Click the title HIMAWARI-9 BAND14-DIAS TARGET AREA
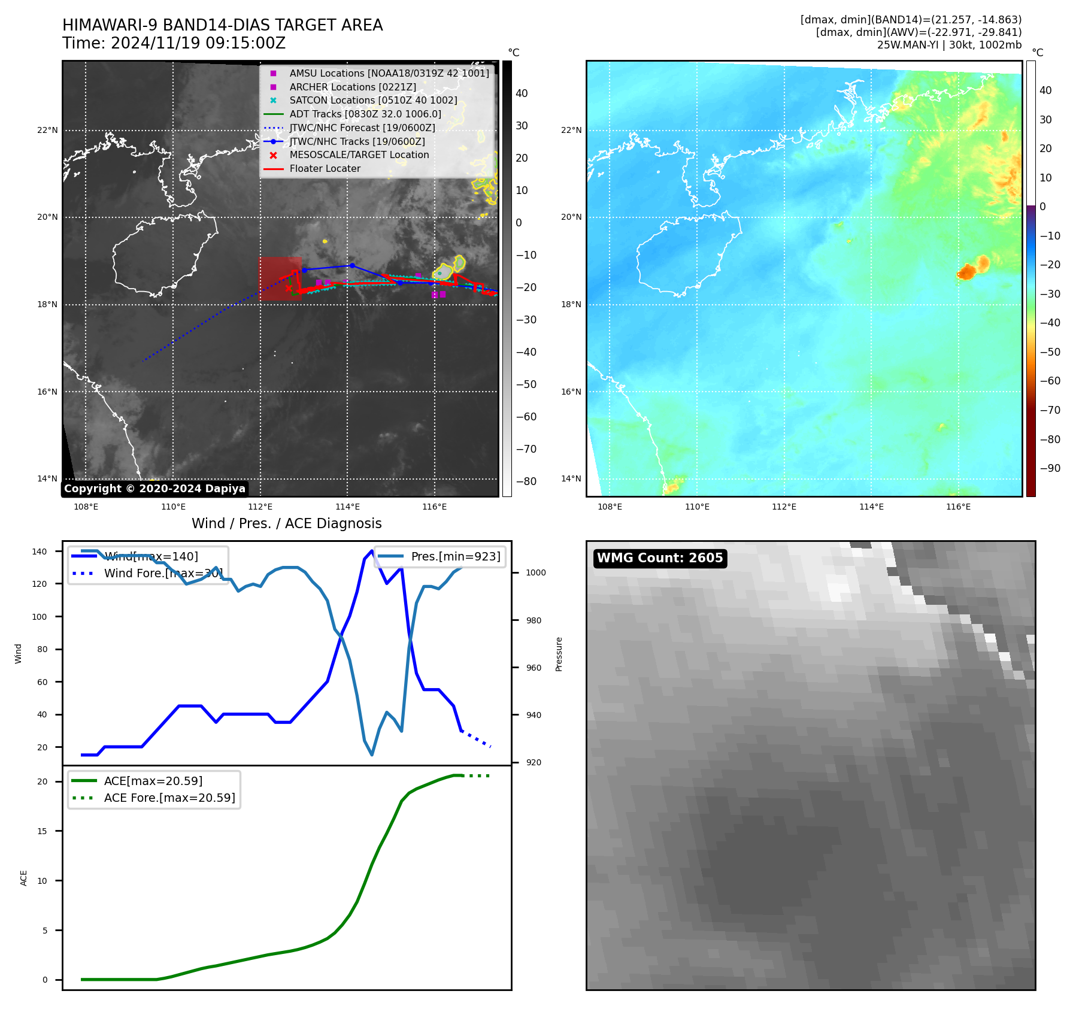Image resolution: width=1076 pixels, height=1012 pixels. coord(222,25)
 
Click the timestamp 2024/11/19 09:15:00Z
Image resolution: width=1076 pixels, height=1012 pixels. coord(198,44)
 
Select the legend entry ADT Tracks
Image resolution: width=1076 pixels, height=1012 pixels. coord(365,114)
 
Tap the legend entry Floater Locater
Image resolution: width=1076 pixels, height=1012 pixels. coord(325,169)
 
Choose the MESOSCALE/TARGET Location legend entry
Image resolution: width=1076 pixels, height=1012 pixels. coord(359,155)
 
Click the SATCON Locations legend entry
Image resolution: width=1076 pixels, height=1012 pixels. coord(372,101)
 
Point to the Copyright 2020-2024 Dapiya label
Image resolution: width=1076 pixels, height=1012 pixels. coord(154,489)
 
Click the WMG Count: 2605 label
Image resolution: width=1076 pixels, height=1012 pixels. coord(660,558)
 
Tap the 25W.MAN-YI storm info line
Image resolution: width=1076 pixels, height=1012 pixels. coord(948,45)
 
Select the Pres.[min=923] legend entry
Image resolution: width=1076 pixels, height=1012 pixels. coord(455,556)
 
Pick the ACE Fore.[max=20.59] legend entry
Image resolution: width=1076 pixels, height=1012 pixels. coord(169,798)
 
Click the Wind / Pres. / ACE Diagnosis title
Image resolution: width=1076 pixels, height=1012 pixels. coord(286,523)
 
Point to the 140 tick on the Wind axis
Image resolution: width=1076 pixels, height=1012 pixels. coord(40,552)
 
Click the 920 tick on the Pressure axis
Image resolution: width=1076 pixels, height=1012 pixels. coord(533,762)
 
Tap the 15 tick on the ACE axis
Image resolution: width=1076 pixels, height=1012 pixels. coord(43,831)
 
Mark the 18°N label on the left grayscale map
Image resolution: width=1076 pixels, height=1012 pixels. coord(47,304)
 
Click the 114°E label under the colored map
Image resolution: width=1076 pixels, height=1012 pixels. coord(871,507)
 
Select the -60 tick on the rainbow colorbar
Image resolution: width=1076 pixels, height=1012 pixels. coord(1050,381)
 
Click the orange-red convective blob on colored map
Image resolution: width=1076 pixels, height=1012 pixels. coord(967,271)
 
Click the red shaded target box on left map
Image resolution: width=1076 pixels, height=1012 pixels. coord(280,278)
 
